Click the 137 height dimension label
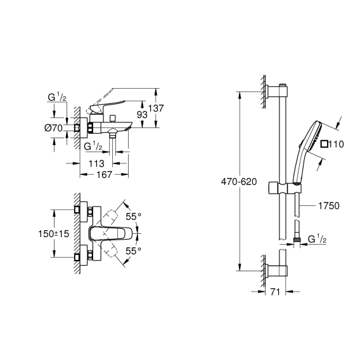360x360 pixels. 156,108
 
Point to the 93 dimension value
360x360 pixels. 142,114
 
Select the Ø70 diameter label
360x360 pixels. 53,128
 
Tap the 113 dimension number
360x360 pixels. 96,164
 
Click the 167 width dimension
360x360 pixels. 104,174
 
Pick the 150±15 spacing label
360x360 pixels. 53,234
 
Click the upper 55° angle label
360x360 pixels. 133,216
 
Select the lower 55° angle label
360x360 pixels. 133,251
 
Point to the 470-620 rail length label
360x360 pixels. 239,182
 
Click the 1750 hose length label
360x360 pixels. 329,206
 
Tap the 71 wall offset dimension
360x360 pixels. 275,292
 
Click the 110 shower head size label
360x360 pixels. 336,144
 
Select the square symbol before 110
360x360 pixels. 324,144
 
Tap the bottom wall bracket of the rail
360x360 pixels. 277,270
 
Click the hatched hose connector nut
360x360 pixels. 297,240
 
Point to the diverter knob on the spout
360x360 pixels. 113,119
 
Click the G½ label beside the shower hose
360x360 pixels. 317,239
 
